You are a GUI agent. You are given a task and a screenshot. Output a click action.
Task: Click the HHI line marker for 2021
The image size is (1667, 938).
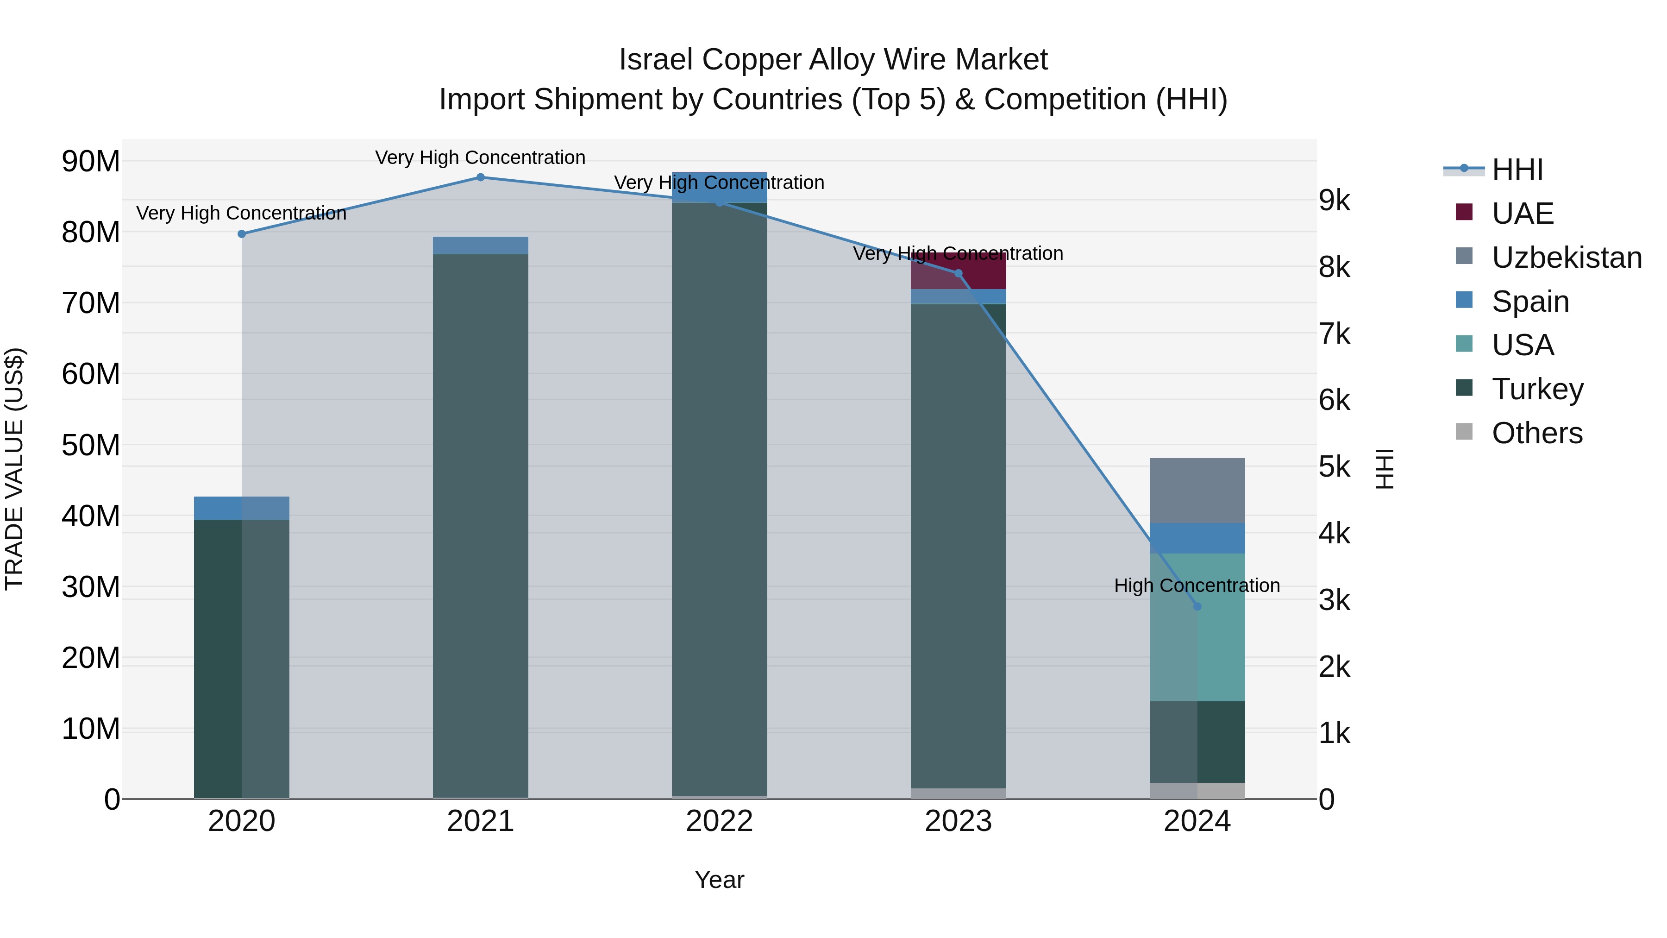coord(480,177)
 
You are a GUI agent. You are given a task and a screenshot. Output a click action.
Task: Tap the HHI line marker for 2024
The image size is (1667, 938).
coord(1197,606)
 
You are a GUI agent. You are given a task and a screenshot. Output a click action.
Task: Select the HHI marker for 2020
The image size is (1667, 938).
coord(241,234)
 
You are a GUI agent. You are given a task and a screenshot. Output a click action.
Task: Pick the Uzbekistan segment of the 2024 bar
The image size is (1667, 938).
coord(1197,491)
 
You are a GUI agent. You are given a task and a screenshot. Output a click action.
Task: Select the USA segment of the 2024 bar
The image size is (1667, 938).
coord(1197,627)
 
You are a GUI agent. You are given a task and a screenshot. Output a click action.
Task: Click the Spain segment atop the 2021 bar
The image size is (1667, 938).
coord(480,246)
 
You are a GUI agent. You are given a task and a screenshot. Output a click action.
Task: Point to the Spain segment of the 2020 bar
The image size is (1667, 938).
coord(241,508)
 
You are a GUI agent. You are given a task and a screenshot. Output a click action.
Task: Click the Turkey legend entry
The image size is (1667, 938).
coord(1537,389)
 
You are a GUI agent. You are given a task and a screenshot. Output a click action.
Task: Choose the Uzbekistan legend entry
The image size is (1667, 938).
coord(1566,258)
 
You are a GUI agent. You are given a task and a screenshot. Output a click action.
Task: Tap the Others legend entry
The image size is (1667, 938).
coord(1536,433)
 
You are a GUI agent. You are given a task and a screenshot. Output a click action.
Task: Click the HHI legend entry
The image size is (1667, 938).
coord(1517,170)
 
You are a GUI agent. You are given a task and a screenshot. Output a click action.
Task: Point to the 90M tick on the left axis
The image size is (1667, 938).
coord(91,161)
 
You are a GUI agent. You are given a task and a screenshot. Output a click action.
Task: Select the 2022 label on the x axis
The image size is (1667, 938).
coord(719,821)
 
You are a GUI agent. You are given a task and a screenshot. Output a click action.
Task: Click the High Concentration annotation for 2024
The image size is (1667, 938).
coord(1197,585)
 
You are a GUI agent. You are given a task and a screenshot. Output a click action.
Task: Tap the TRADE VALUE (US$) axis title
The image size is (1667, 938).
coord(15,469)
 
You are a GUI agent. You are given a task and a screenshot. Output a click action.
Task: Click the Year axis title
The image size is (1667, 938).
coord(719,880)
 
